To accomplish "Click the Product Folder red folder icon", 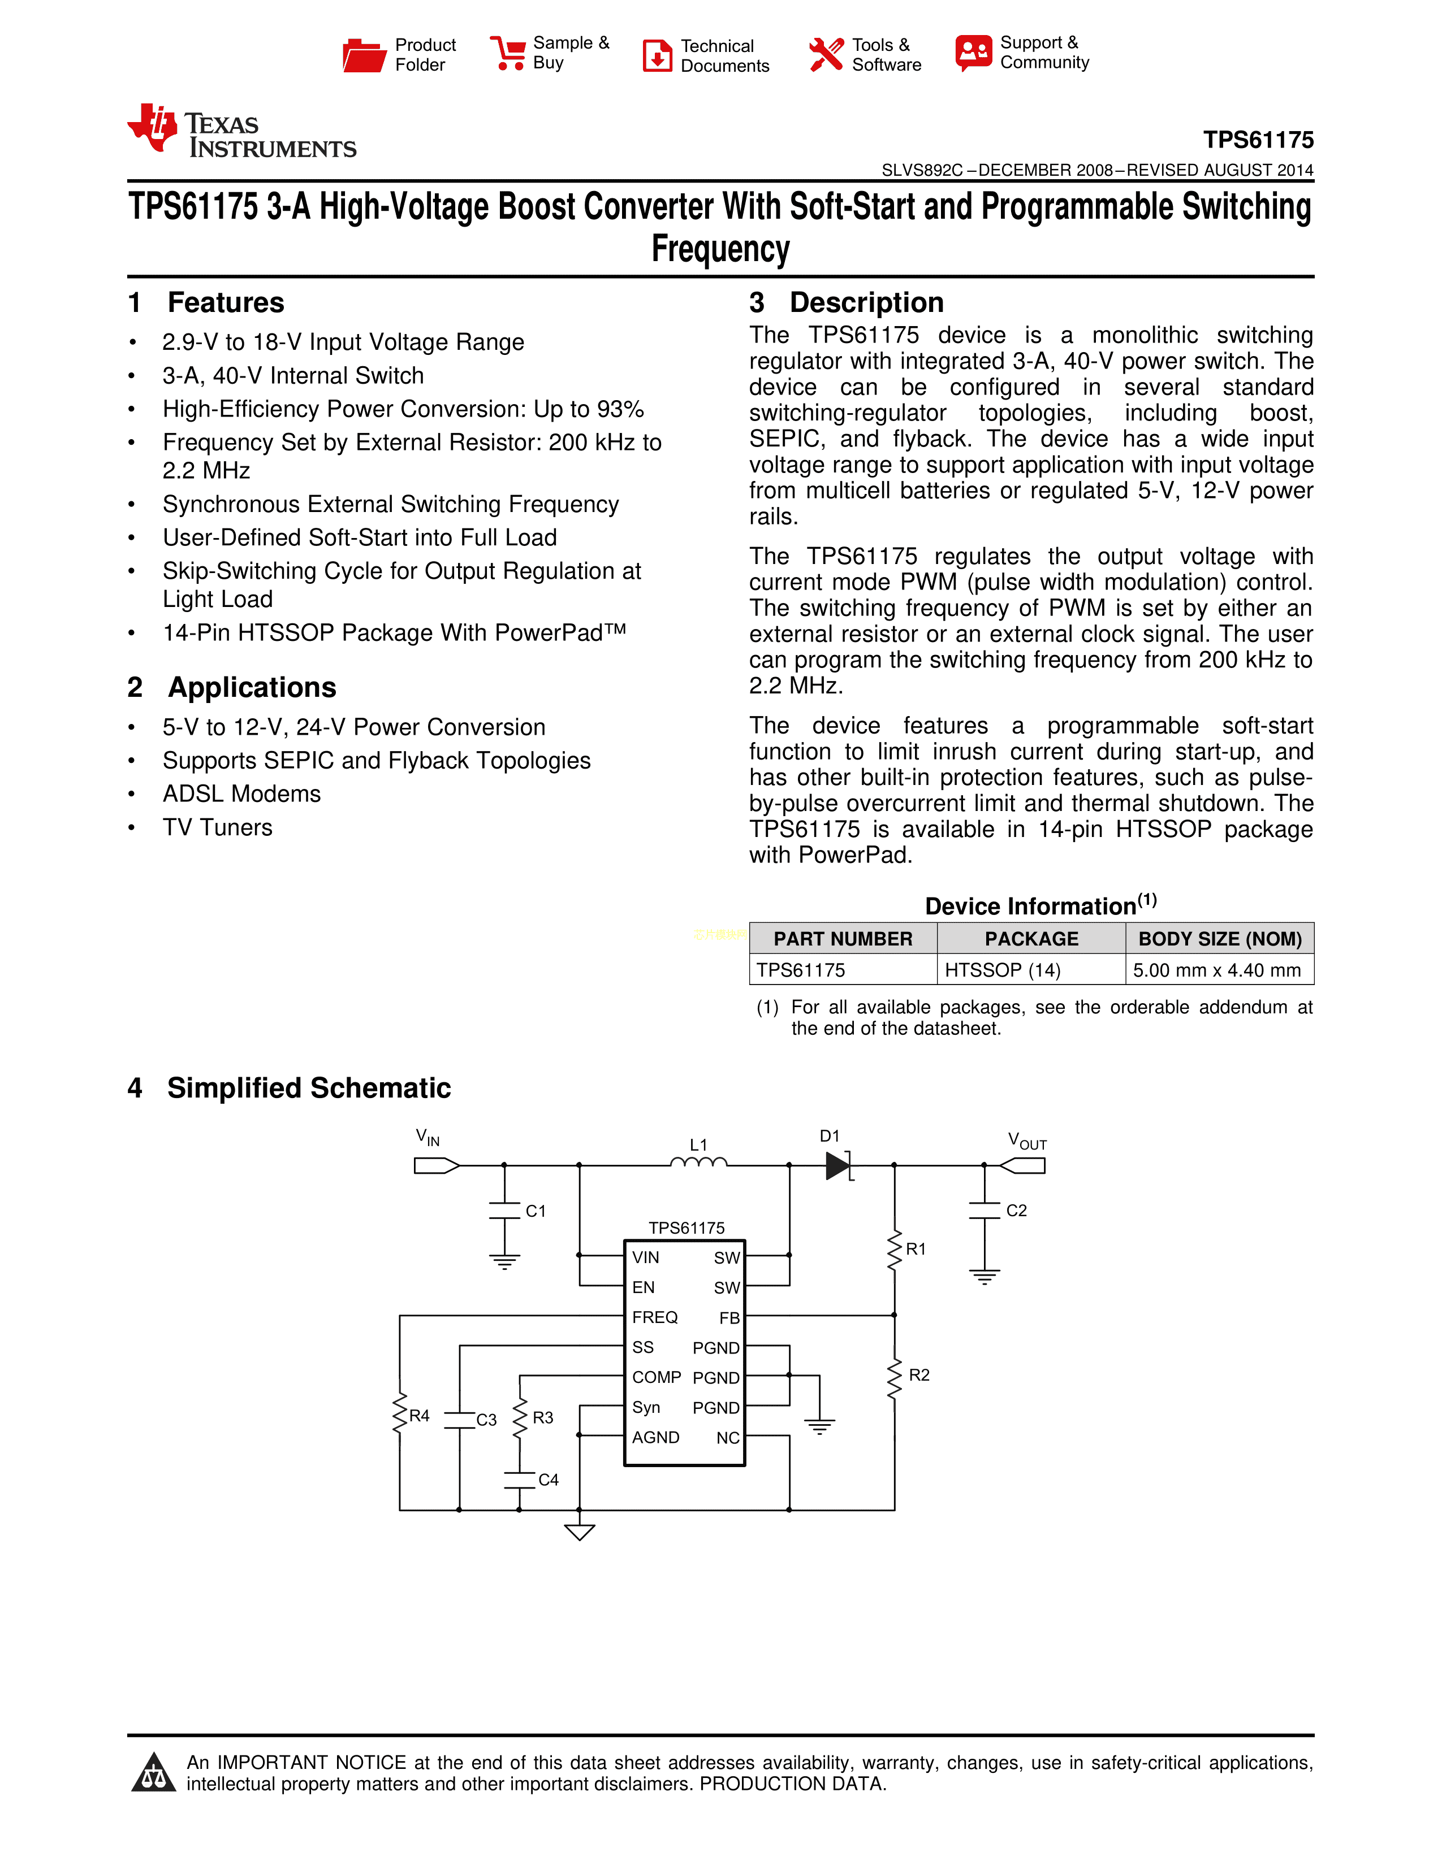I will click(364, 55).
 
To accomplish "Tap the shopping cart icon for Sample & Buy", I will click(508, 53).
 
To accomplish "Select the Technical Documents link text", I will click(724, 55).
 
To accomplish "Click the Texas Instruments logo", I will click(242, 132).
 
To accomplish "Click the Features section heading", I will click(226, 302).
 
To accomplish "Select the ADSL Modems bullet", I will click(242, 793).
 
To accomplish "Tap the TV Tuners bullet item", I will click(218, 827).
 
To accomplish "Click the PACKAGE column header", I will click(1031, 939).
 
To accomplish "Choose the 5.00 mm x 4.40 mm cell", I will click(1216, 970).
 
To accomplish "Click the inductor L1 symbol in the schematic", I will click(699, 1161).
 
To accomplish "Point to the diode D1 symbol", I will click(838, 1165).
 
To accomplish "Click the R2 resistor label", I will click(919, 1375).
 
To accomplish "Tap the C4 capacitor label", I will click(549, 1480).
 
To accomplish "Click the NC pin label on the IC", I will click(728, 1438).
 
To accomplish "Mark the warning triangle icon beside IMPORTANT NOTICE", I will click(154, 1773).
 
